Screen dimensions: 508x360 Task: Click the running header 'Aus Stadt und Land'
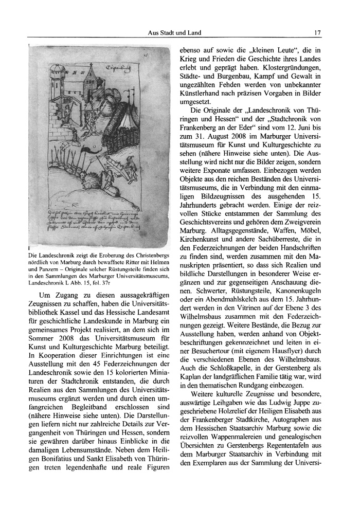pos(174,33)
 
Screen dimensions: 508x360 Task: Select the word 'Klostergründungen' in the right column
pos(303,68)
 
